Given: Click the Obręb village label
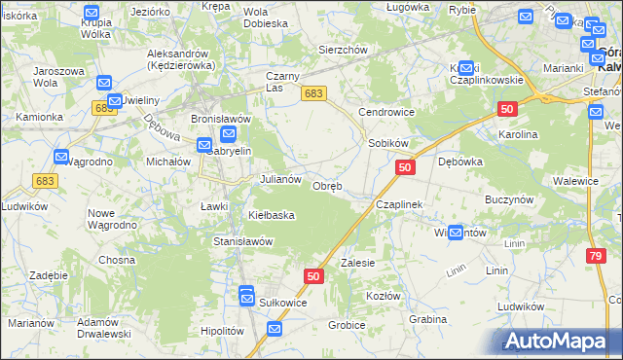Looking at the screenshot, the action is point(326,186).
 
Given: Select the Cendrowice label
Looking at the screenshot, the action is point(386,112).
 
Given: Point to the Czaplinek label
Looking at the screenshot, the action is point(399,205).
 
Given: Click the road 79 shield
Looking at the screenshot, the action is point(595,255).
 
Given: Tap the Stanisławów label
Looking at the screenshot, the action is point(242,240).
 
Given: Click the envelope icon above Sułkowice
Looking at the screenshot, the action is point(246,291).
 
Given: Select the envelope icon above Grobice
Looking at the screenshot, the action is point(275,330).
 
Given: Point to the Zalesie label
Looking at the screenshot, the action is point(357,263).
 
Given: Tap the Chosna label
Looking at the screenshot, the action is point(116,260).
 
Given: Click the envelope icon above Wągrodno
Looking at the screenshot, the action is point(61,156).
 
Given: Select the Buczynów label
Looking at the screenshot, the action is point(511,198).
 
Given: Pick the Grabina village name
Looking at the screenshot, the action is point(427,319).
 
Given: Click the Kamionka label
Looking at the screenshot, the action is point(40,117).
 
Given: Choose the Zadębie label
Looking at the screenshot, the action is point(48,275).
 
